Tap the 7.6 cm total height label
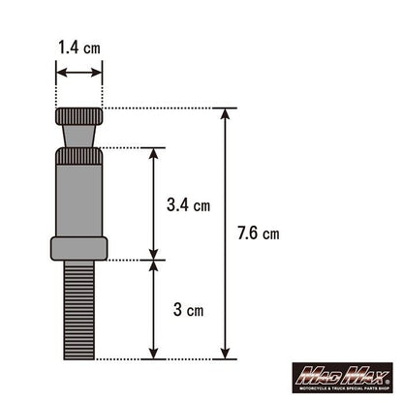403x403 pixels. click(259, 233)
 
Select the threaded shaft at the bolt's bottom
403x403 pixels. click(78, 310)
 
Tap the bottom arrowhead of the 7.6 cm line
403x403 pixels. click(229, 353)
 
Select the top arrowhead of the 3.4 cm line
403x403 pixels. click(153, 152)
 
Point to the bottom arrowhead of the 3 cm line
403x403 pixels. click(153, 353)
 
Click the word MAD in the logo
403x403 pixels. click(318, 372)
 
